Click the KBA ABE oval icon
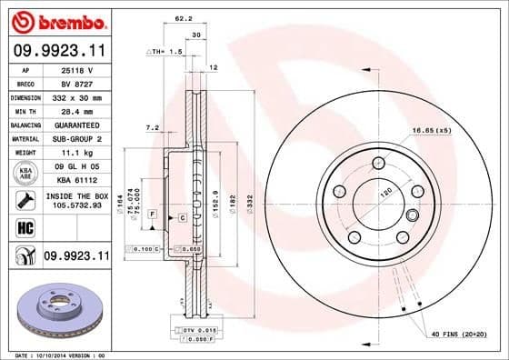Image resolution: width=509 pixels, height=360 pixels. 26,174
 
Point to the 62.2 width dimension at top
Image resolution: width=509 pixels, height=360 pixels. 183,17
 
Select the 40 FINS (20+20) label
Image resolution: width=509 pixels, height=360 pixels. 463,335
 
